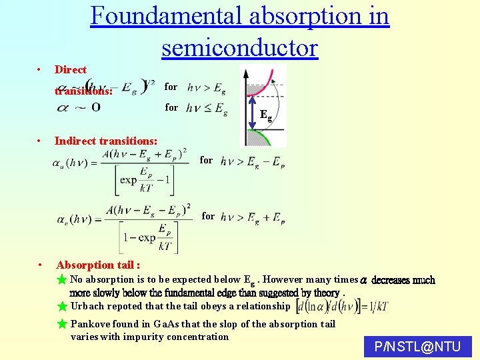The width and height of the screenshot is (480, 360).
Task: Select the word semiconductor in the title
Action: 239,47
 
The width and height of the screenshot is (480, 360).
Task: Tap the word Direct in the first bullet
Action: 71,69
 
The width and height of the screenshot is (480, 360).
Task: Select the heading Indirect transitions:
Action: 106,141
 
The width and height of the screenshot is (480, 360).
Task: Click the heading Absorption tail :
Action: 98,265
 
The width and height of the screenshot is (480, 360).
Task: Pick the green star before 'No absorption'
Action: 62,279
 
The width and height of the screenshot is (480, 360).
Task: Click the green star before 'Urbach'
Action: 62,307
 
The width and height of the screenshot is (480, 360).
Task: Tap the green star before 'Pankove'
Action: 62,324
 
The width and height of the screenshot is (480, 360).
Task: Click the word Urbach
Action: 87,307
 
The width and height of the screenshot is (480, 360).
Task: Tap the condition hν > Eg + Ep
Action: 253,217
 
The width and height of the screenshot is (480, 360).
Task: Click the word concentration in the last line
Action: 197,337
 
